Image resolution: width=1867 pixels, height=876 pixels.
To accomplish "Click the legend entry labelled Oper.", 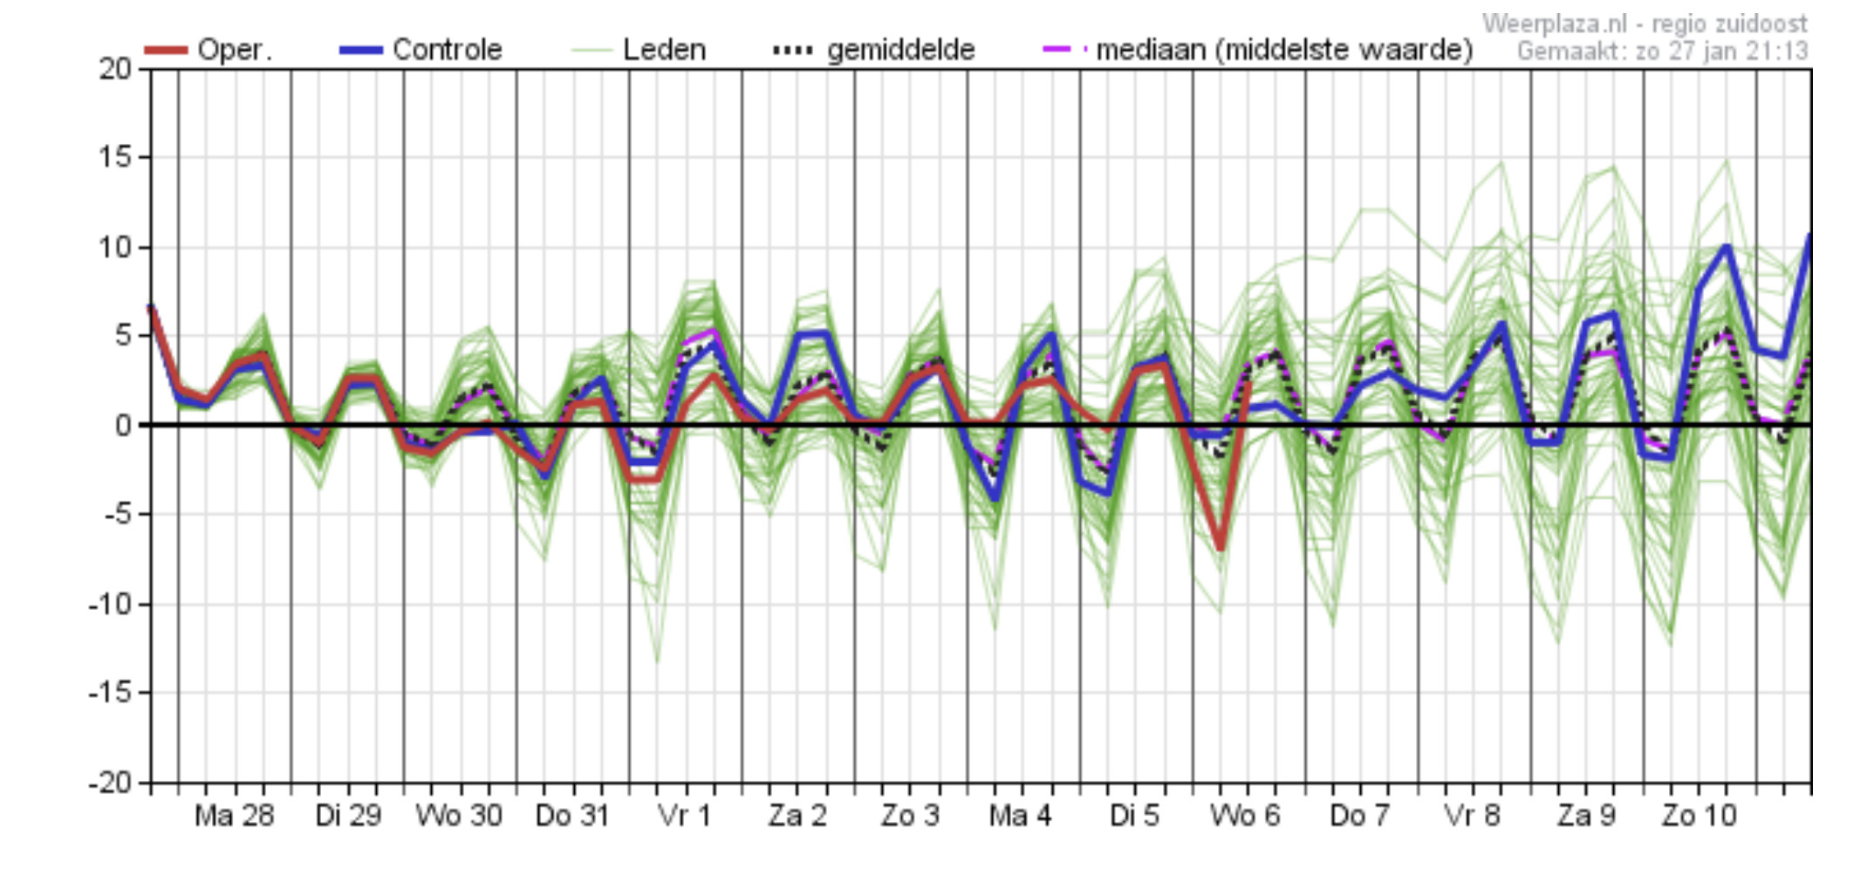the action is (235, 49).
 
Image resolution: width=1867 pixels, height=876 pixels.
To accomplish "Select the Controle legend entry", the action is (448, 49).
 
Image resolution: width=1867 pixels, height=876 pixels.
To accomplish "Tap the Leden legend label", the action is (664, 49).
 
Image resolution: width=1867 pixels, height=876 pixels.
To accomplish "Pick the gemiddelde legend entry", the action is (900, 50).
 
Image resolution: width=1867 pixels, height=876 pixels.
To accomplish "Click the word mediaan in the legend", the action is (1151, 49).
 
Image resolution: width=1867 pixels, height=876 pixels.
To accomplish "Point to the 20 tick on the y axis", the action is (114, 68).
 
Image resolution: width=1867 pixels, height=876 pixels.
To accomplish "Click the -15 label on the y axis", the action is (110, 692).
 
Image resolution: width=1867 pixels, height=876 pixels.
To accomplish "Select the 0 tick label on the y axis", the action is (123, 425).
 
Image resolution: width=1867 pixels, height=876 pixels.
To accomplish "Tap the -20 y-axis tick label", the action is (110, 782).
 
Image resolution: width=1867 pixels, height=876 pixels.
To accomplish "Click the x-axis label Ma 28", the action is (234, 816).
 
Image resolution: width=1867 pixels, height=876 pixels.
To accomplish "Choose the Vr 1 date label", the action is (684, 816).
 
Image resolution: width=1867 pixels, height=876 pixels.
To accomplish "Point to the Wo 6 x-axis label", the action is (1245, 816).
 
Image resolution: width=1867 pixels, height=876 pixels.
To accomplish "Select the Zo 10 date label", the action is (1699, 816).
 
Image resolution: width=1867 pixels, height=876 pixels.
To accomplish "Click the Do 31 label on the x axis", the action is (571, 816).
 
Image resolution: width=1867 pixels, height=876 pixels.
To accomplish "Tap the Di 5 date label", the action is (1134, 816).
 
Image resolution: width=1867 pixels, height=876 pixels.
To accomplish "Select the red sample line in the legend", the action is (166, 50).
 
